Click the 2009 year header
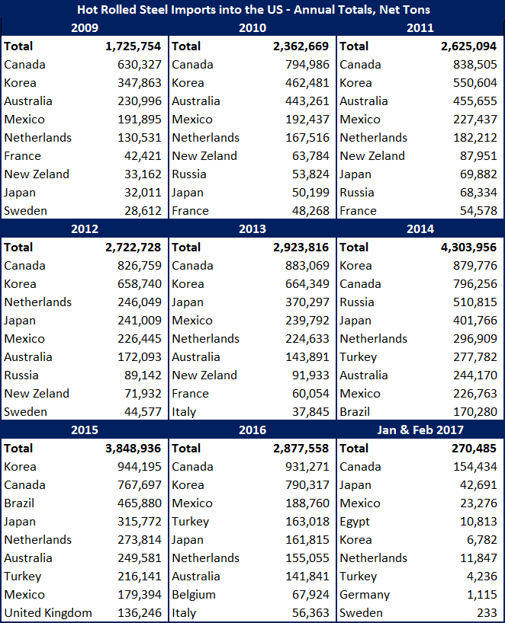click(84, 28)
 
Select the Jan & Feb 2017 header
click(420, 430)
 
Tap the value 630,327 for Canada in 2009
click(140, 65)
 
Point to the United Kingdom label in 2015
click(48, 613)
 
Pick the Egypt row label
click(355, 522)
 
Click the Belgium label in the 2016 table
click(194, 595)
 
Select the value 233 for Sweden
click(486, 613)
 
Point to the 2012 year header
click(84, 229)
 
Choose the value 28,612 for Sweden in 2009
click(143, 211)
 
